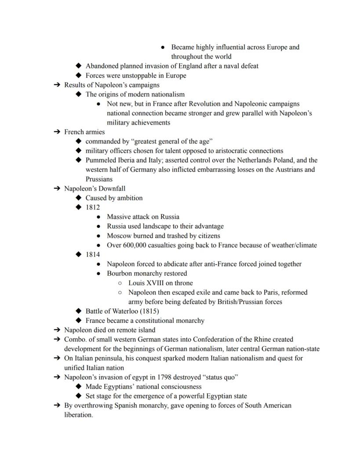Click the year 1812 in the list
[x=92, y=207]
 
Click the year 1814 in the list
[x=92, y=255]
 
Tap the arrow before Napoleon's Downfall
[x=57, y=189]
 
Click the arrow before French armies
[x=57, y=132]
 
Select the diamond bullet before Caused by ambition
[x=79, y=198]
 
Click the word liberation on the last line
[x=78, y=415]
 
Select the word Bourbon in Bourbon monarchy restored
[x=120, y=273]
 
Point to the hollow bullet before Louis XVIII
[x=120, y=283]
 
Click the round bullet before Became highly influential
[x=163, y=47]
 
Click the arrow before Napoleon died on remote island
[x=57, y=330]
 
